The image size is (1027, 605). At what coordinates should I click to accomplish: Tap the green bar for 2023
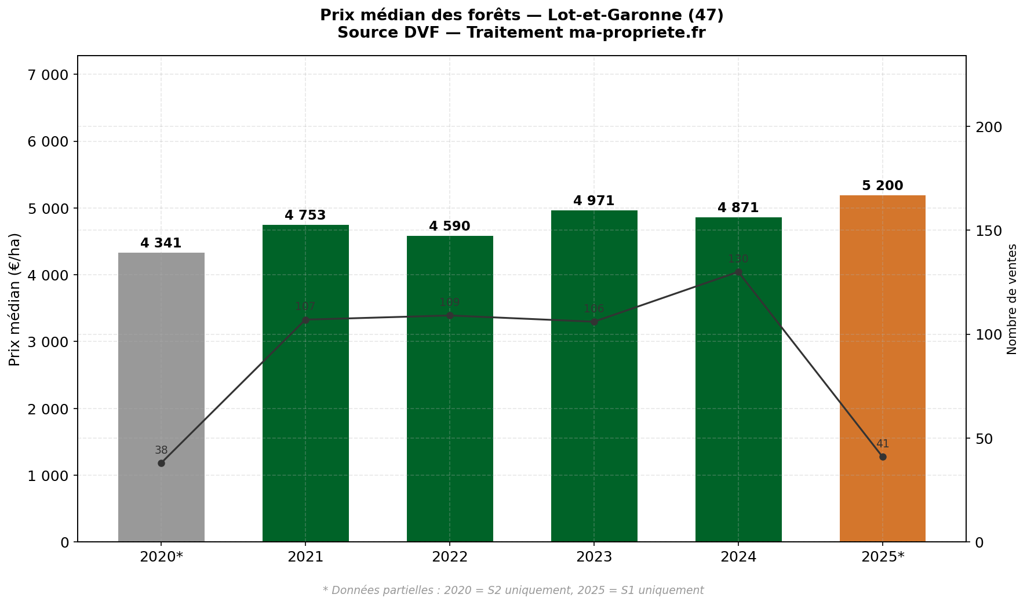click(594, 377)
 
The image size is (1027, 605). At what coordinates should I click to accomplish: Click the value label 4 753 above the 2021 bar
click(305, 216)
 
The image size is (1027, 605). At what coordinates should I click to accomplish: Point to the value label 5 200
click(882, 186)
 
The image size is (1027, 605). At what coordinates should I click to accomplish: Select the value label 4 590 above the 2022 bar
click(449, 227)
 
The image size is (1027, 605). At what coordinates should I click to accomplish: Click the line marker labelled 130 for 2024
click(738, 272)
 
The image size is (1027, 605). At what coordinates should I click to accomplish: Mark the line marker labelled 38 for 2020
click(161, 463)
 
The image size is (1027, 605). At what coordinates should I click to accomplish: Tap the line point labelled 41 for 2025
click(883, 457)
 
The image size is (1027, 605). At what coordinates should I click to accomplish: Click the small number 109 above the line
click(449, 302)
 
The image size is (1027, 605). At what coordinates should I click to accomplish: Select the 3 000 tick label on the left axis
click(48, 342)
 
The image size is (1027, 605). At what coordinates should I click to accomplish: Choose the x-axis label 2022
click(449, 557)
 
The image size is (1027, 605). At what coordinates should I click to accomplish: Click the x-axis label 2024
click(738, 557)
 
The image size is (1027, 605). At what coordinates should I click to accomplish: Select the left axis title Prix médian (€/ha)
click(14, 299)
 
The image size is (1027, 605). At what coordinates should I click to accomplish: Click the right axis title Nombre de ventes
click(1012, 299)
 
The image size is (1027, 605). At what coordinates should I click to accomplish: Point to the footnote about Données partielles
click(513, 591)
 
